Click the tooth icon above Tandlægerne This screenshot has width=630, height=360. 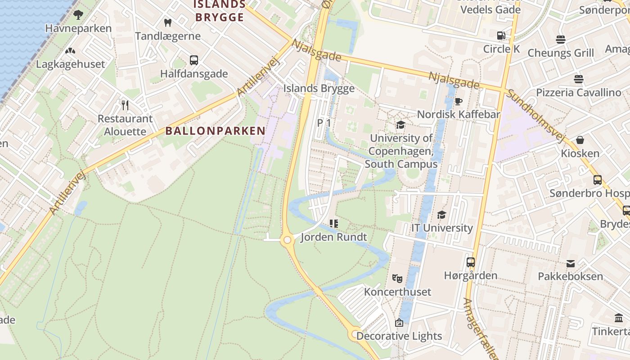(168, 22)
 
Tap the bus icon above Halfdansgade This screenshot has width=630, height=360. (194, 60)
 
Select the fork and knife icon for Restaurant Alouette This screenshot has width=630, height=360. (125, 105)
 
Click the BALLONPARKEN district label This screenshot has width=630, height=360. (215, 131)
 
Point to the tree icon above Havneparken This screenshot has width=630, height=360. (78, 14)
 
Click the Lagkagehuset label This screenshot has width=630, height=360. (70, 64)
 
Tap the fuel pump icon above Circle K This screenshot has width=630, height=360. (501, 35)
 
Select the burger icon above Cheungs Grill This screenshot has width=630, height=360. (560, 40)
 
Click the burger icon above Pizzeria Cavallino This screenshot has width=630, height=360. (579, 79)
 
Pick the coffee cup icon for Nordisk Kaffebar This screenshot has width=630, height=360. (459, 101)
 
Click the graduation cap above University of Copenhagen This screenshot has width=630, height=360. (400, 125)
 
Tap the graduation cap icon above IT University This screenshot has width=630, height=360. (441, 215)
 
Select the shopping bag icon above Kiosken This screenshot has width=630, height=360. (580, 140)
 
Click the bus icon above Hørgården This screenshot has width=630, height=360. (471, 262)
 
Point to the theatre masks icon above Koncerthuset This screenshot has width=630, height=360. (397, 279)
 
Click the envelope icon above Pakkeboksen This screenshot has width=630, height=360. (571, 263)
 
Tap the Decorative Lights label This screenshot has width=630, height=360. (399, 336)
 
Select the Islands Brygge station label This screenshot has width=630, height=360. (319, 88)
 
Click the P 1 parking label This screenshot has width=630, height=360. (324, 122)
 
